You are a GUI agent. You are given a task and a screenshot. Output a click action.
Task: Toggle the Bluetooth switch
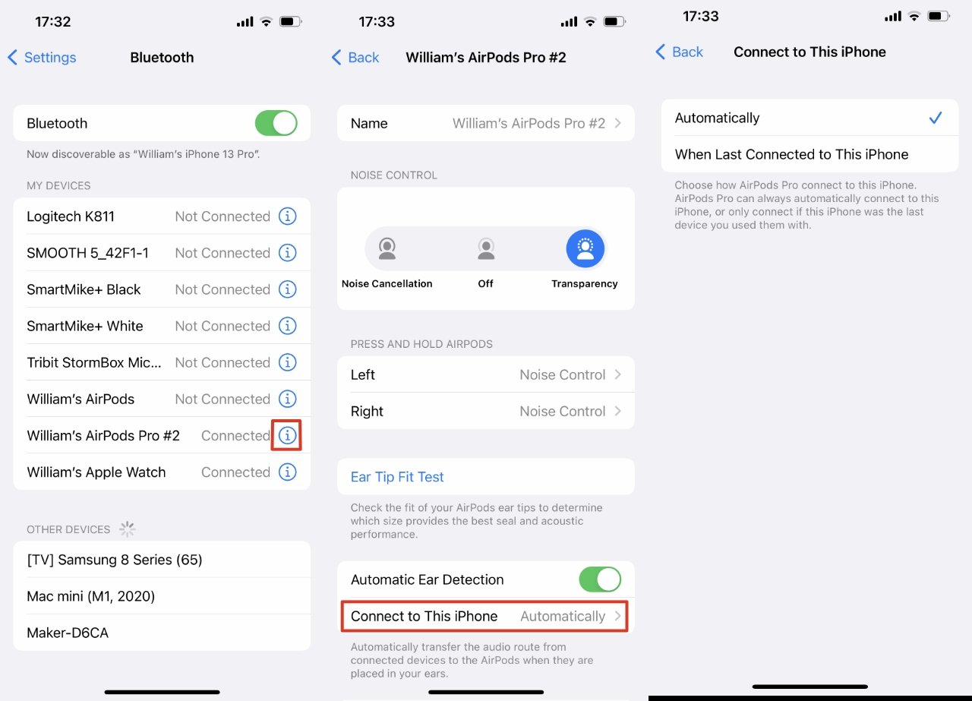click(276, 123)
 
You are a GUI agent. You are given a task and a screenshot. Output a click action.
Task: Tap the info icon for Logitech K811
click(287, 216)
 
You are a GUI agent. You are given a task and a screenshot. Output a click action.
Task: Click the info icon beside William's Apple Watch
click(287, 472)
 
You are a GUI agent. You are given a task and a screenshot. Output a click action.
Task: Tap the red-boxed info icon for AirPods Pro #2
click(287, 435)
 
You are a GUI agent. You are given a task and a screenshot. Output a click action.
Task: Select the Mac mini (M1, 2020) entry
click(90, 596)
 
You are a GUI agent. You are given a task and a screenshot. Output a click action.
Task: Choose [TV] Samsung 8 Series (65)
click(114, 560)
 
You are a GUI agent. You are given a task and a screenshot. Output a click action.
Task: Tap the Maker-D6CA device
click(68, 633)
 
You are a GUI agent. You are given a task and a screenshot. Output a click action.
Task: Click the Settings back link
click(43, 57)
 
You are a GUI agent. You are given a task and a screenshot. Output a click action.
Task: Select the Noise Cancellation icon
click(387, 248)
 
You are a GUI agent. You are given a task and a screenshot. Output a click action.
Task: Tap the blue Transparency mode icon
click(585, 248)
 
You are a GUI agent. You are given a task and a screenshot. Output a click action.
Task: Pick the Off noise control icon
click(486, 248)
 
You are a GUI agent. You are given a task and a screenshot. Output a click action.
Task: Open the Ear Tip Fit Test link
click(397, 477)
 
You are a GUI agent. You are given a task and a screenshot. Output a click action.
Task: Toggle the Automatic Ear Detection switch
click(600, 579)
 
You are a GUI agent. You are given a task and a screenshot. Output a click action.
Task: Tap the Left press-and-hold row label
click(363, 374)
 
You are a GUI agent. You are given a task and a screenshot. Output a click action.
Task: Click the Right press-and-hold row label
click(367, 411)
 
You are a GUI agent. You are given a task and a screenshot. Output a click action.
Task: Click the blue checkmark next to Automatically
click(936, 118)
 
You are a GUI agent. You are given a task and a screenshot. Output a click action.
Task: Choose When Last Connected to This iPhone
click(791, 154)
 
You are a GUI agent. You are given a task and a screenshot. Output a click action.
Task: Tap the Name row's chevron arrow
click(618, 123)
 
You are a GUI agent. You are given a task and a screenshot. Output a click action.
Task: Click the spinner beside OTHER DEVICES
click(127, 529)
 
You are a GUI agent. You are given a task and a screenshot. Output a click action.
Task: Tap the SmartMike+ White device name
click(85, 326)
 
